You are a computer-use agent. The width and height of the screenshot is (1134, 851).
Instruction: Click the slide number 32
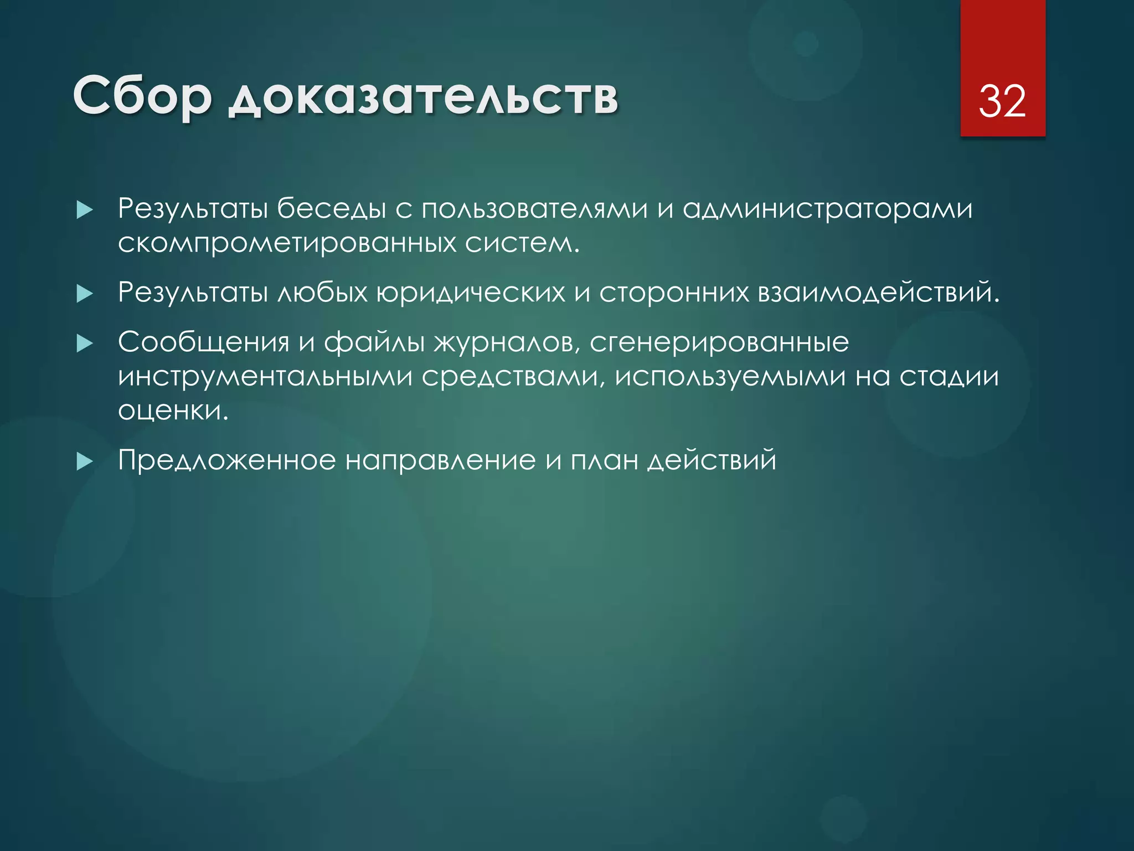1002,101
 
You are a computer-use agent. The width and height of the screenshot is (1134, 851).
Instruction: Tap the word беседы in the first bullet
331,209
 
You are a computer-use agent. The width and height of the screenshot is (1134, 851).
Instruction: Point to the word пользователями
534,209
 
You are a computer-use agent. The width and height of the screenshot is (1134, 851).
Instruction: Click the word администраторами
827,209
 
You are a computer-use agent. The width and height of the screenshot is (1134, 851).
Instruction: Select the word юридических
471,293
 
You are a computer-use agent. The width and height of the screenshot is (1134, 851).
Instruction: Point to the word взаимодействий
878,293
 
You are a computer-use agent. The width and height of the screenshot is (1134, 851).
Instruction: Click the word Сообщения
204,343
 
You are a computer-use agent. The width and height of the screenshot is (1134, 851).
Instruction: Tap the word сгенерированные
719,343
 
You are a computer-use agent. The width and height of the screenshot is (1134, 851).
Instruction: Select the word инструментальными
265,377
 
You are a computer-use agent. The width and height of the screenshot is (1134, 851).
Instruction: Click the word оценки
173,411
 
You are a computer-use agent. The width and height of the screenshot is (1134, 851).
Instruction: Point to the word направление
441,460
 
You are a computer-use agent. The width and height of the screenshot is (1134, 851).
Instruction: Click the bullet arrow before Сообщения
85,344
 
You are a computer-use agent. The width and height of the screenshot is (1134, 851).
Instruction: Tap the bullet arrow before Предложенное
85,461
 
